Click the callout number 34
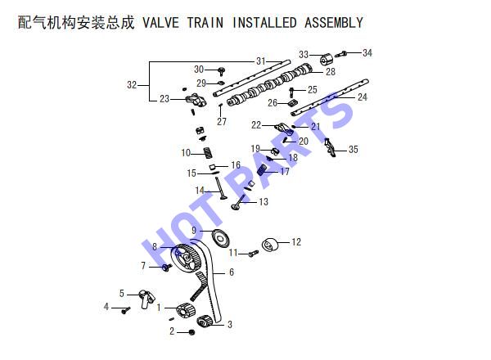pos(367,53)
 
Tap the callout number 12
pos(296,242)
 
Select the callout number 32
pos(132,85)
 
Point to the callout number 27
pos(222,121)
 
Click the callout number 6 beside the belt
pos(232,272)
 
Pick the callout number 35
pos(354,150)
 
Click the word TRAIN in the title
pos(205,23)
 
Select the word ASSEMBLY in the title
pos(334,23)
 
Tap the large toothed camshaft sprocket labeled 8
pos(186,258)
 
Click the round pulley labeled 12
pos(270,245)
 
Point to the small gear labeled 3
pos(205,322)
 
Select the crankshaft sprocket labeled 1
pos(186,311)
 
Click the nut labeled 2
pos(192,332)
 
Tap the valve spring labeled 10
pos(209,153)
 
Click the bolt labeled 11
pos(254,254)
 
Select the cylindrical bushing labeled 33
pos(327,60)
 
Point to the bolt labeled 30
pos(222,71)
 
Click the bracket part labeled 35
pos(330,147)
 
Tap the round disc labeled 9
pos(221,239)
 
